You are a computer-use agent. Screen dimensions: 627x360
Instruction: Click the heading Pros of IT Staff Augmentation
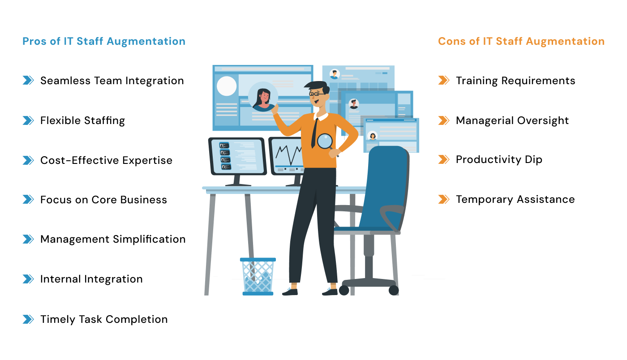104,42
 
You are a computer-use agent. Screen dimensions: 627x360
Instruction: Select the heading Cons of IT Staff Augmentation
521,42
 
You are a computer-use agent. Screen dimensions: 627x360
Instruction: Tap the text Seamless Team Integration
112,81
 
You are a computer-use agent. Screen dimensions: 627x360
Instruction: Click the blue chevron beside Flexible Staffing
28,120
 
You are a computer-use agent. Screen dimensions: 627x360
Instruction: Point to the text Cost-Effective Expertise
107,160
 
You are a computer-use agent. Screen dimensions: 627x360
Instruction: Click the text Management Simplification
113,240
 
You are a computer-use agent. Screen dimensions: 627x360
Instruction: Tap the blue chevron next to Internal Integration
28,279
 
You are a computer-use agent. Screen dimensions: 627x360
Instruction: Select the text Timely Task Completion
104,319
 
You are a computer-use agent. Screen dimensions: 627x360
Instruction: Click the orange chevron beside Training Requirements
444,80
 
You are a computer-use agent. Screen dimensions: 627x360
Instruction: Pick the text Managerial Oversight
512,120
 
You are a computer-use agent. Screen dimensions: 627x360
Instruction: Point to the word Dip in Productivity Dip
533,160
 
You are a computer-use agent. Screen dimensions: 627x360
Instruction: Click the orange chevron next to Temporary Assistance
444,199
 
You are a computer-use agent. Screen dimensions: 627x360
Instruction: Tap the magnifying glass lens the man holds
325,141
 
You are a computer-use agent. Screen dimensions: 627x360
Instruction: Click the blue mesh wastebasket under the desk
258,277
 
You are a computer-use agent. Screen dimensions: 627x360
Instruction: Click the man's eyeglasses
317,94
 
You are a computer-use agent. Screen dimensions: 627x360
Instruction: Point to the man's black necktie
314,133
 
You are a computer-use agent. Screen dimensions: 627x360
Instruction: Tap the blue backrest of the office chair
385,188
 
